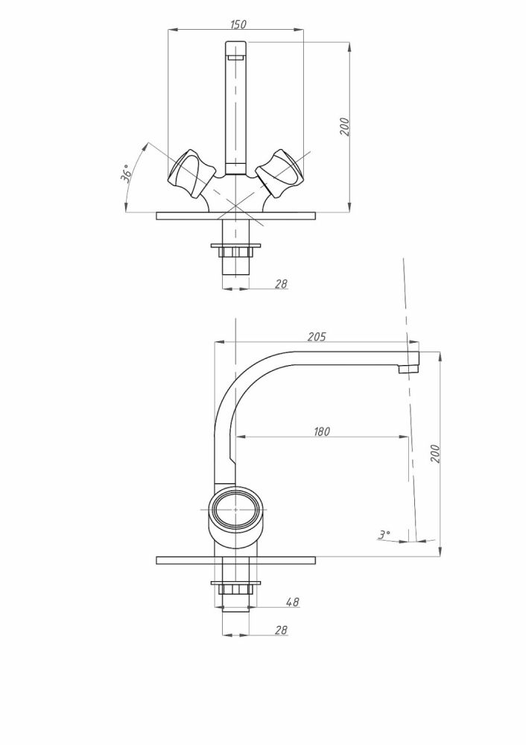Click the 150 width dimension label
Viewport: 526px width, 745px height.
(x=238, y=24)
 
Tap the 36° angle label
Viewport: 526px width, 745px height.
(x=126, y=174)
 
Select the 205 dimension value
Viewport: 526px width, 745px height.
(x=317, y=337)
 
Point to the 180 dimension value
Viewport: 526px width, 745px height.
(x=321, y=431)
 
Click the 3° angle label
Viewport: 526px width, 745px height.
(x=384, y=534)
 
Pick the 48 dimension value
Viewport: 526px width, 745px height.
(x=293, y=601)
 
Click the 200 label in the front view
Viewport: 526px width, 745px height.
(x=344, y=127)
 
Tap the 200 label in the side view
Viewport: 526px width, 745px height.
(x=435, y=454)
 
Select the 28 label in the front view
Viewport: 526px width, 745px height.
(x=282, y=284)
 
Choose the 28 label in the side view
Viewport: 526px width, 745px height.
(x=282, y=630)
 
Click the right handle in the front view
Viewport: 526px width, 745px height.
(x=279, y=173)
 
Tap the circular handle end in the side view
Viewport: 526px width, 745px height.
(x=235, y=509)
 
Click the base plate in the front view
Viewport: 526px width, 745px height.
(x=235, y=216)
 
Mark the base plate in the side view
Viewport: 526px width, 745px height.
(x=235, y=560)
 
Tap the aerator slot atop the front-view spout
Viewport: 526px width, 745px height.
(x=235, y=57)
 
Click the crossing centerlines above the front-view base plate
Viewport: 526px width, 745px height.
(x=235, y=205)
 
